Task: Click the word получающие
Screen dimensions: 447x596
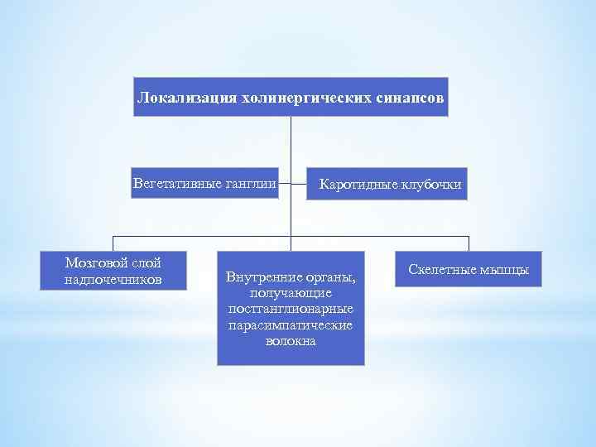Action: pos(291,293)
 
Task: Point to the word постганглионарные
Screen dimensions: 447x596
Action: pos(291,309)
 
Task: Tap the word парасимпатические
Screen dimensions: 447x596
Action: pos(291,324)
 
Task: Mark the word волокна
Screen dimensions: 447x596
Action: pos(291,340)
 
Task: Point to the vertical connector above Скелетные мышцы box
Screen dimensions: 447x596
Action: pos(469,243)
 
